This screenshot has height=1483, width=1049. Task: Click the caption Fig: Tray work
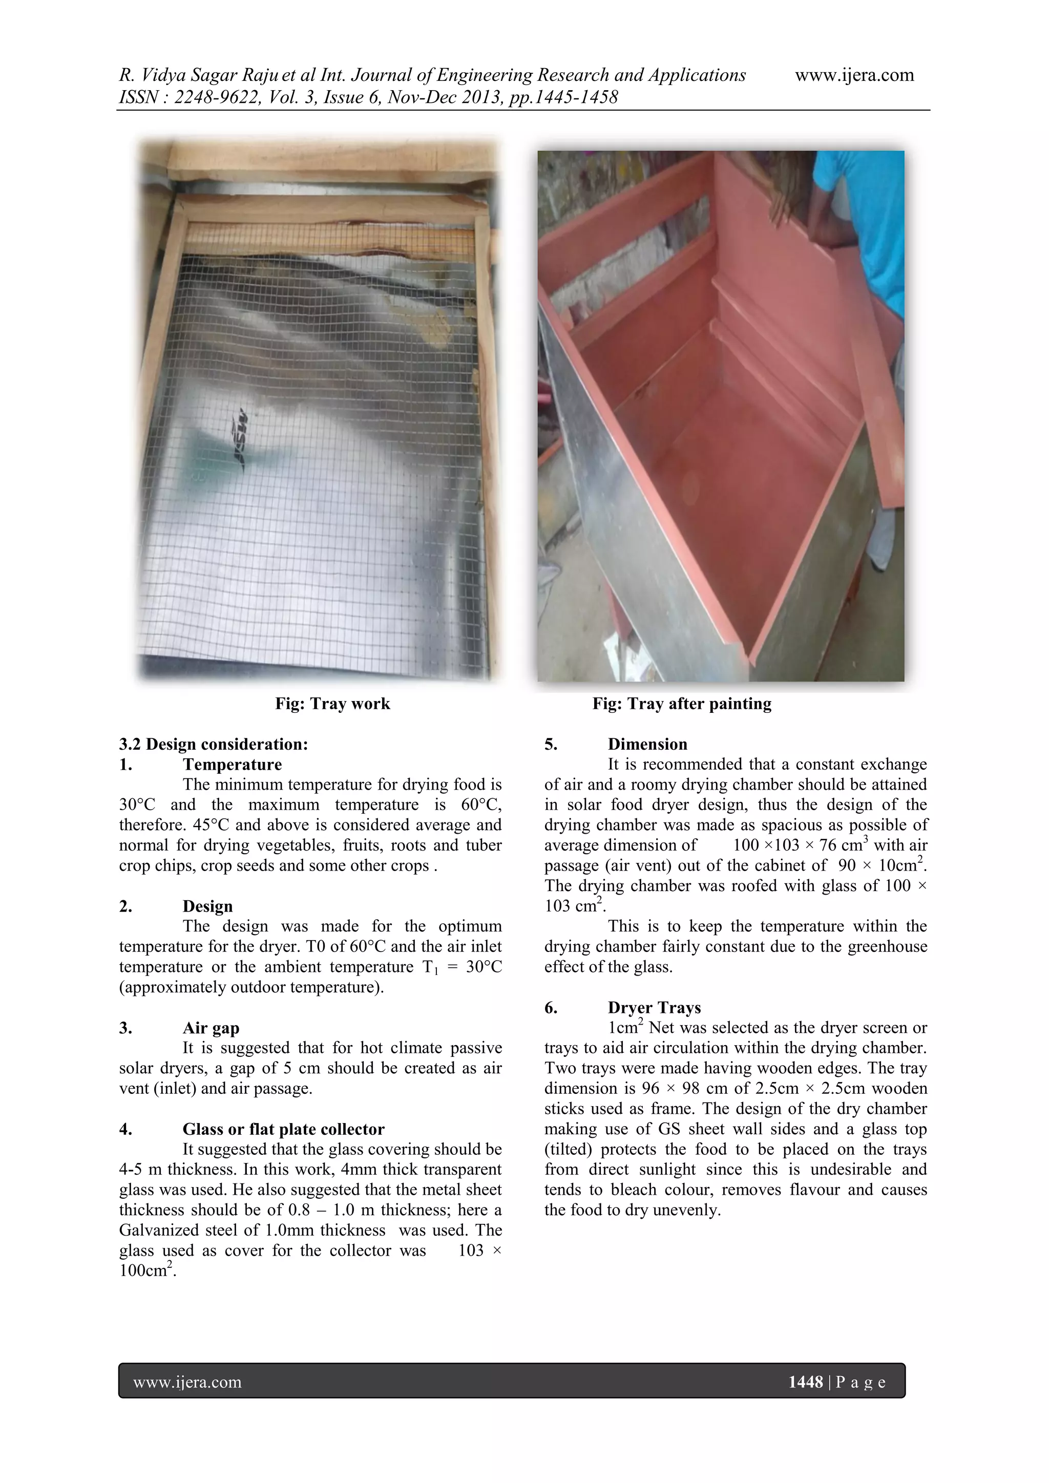[x=332, y=704]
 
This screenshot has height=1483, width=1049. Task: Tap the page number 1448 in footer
[x=806, y=1382]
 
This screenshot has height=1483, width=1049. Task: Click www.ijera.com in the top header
[x=854, y=75]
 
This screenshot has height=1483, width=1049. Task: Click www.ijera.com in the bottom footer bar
[x=187, y=1382]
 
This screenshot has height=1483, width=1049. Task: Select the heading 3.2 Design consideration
[x=213, y=744]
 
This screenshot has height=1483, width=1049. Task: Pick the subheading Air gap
[x=211, y=1028]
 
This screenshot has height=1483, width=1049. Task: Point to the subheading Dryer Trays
[x=654, y=1008]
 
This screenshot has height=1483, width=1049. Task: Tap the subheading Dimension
[x=647, y=744]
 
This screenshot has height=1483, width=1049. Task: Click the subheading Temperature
[x=232, y=765]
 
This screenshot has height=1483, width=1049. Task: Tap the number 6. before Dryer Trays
[x=550, y=1008]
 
